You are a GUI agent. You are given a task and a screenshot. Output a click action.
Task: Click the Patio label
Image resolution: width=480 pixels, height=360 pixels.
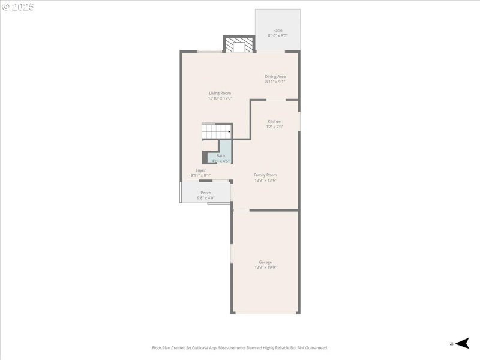(x=277, y=30)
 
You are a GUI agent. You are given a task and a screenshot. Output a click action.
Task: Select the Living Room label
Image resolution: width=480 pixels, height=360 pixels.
(x=220, y=93)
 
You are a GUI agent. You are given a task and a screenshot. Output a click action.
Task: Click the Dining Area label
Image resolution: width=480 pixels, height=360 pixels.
(x=275, y=76)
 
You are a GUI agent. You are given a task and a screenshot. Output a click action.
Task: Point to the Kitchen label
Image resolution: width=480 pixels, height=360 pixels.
(x=274, y=121)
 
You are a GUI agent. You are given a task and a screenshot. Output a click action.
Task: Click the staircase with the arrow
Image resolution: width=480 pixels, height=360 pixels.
(x=216, y=131)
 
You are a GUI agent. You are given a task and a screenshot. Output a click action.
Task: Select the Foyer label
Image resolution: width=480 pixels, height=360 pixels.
(x=200, y=170)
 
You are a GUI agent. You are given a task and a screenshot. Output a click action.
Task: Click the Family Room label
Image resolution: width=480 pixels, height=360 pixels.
(x=265, y=175)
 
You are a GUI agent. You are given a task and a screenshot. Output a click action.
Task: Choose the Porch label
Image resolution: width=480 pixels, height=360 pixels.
(x=205, y=193)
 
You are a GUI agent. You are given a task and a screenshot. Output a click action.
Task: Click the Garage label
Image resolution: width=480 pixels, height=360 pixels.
(x=265, y=262)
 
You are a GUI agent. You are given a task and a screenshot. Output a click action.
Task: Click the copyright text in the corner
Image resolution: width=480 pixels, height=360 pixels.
(x=17, y=7)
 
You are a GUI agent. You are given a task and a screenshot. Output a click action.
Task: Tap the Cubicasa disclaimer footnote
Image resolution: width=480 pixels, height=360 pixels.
(x=240, y=347)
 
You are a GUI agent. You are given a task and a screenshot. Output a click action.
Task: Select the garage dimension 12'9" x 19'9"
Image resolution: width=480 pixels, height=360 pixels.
(x=265, y=268)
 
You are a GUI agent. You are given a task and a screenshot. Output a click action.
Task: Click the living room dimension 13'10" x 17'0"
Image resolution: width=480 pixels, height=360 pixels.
(x=220, y=98)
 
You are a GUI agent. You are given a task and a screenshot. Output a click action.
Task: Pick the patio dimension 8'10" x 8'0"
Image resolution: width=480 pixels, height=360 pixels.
(x=277, y=36)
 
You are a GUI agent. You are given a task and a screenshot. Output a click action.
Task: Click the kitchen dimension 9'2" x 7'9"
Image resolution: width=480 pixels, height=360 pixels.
(x=274, y=127)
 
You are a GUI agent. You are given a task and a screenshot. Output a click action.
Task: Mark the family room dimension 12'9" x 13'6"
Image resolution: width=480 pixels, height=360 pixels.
(x=265, y=180)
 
